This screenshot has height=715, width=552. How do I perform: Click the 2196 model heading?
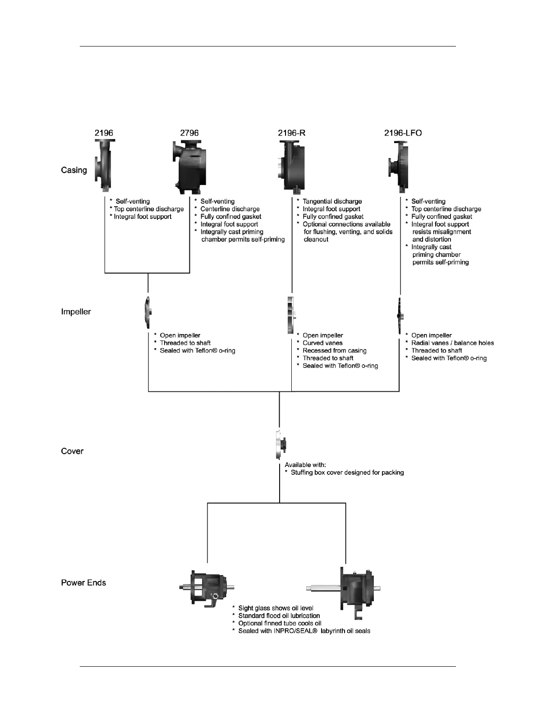pos(104,133)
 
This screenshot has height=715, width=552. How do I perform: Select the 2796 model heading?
pos(189,133)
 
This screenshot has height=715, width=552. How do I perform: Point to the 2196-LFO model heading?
pos(403,133)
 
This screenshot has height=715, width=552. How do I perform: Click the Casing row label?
pos(74,170)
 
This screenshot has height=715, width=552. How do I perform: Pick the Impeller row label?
pos(76,312)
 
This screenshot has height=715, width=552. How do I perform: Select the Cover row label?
pos(72,451)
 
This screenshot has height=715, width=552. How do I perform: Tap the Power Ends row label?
pos(83,583)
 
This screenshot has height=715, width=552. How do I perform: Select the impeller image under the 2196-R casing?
pos(291,315)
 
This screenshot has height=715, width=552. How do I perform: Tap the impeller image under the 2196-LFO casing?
pos(400,315)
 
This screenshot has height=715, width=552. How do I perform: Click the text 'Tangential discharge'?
pos(332,202)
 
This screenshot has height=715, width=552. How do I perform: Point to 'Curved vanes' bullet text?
pos(322,343)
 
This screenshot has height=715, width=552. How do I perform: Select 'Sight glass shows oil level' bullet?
pos(276,608)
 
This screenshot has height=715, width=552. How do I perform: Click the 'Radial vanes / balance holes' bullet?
pos(452,343)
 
